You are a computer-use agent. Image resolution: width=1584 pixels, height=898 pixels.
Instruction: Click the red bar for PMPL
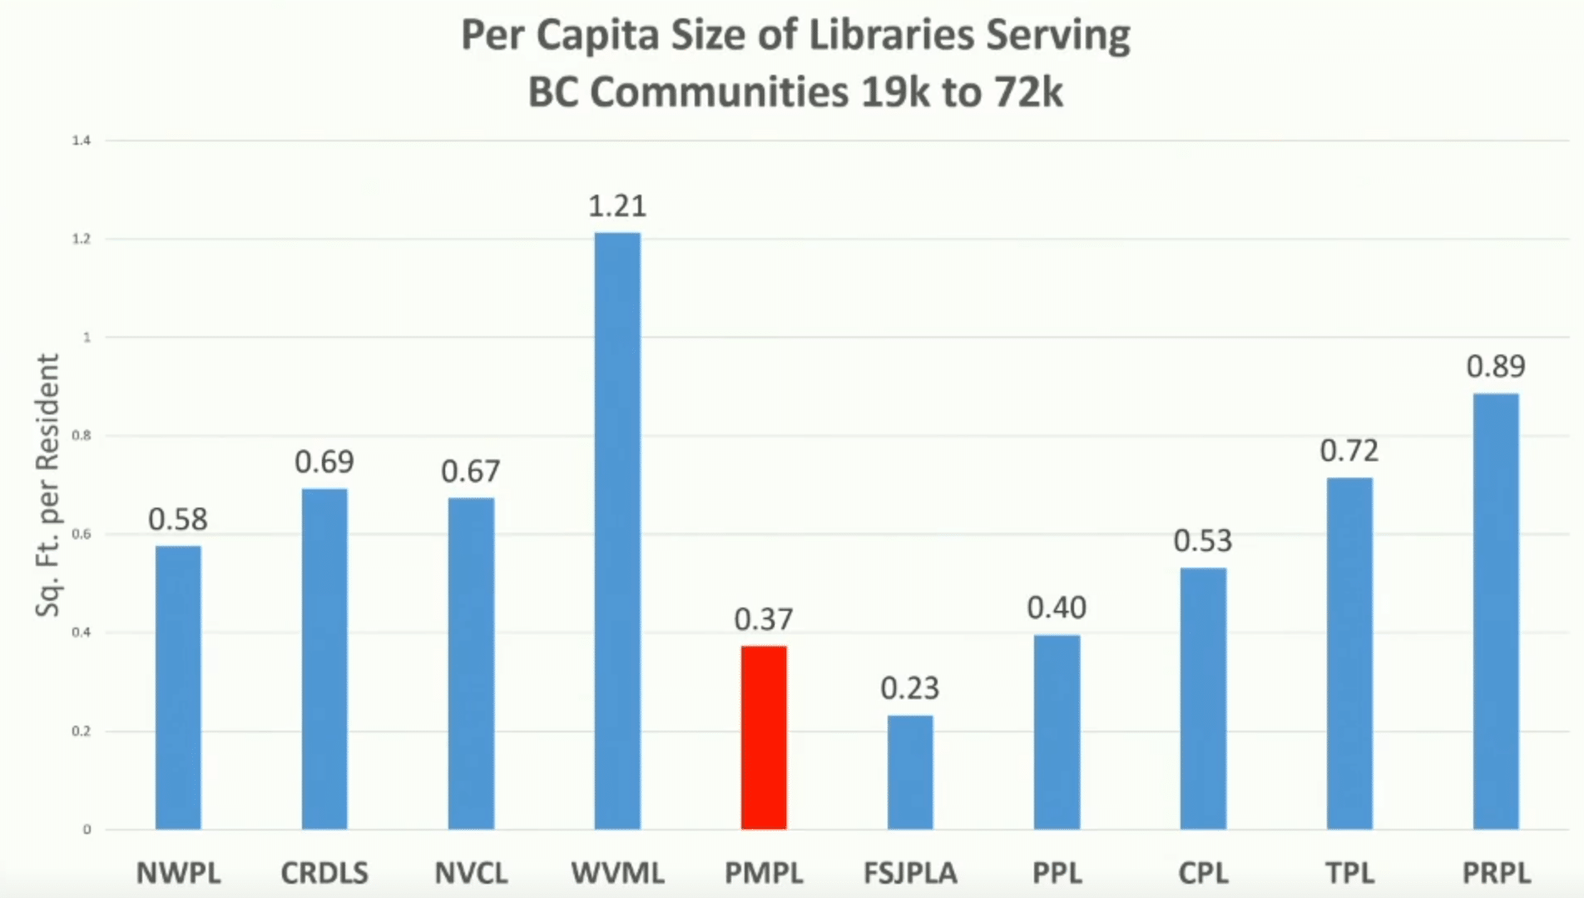click(764, 737)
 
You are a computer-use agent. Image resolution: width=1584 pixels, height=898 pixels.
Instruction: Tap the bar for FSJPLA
click(910, 772)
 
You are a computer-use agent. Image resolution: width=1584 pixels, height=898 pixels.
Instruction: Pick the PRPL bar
click(1495, 612)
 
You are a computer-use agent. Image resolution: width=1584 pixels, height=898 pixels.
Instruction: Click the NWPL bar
click(178, 687)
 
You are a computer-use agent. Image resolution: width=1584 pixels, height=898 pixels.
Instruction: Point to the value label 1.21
click(617, 206)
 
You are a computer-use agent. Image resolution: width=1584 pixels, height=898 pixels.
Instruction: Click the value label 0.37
click(764, 619)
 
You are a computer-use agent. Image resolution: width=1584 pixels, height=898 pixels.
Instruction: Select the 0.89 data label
click(1495, 366)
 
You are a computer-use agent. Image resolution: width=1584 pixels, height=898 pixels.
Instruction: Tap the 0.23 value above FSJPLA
click(910, 688)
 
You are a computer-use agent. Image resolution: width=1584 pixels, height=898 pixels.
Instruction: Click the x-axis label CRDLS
click(324, 873)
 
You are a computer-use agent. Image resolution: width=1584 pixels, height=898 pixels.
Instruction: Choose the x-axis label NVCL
click(471, 873)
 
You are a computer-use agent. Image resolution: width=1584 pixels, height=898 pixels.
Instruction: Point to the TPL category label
click(1349, 873)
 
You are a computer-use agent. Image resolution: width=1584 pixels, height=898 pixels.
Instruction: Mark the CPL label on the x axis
click(1203, 873)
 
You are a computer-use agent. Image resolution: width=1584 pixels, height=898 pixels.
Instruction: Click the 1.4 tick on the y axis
click(82, 141)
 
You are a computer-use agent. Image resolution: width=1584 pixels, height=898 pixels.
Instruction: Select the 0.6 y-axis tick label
click(82, 534)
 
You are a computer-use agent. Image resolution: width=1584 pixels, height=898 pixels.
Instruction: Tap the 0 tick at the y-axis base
click(87, 830)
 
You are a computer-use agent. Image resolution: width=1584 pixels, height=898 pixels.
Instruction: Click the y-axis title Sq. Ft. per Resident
click(48, 485)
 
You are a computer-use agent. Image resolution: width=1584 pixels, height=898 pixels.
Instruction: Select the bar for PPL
click(1057, 732)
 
